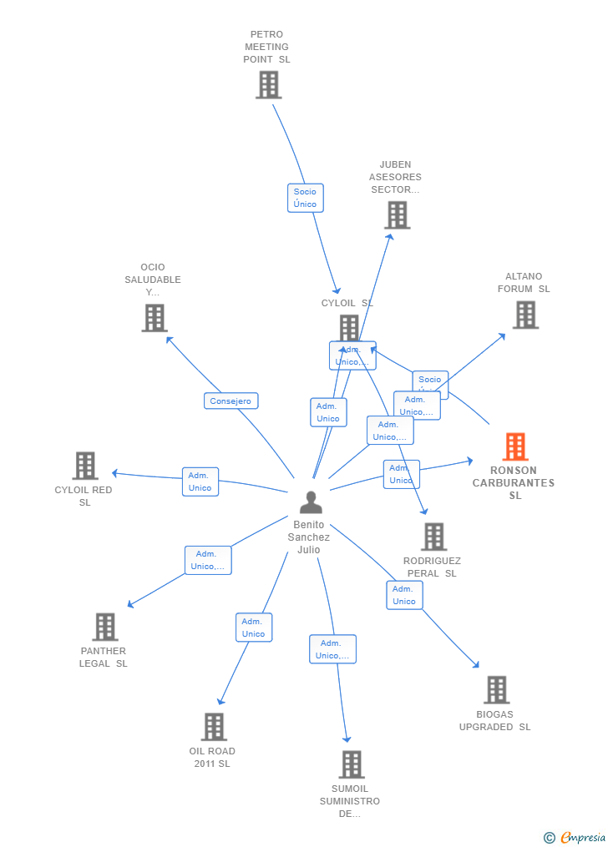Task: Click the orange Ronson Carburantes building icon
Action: point(515,447)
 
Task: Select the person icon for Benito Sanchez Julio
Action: point(311,502)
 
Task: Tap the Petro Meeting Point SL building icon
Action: point(268,85)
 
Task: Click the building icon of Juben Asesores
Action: point(397,215)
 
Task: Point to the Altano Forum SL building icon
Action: point(524,315)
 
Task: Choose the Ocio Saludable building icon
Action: point(154,318)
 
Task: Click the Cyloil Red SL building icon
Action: point(85,466)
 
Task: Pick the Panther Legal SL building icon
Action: point(104,627)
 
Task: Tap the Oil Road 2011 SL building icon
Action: point(214,727)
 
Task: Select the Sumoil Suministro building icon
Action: point(351,764)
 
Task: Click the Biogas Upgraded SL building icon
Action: point(496,690)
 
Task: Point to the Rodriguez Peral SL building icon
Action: point(433,537)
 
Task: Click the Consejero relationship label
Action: point(231,401)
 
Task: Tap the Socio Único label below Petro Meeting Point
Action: point(305,198)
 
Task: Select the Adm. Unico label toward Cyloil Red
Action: point(200,481)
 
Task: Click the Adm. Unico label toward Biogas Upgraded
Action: point(404,595)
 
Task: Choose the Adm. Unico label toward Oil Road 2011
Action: point(254,628)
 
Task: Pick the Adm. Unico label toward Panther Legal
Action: point(208,560)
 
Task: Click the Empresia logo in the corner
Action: point(575,837)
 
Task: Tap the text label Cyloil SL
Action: point(347,303)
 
